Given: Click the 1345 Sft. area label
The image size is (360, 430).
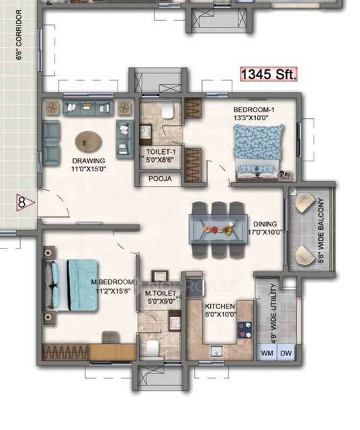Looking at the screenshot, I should point(269,75).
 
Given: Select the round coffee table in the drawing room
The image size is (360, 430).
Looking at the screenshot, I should point(89,142).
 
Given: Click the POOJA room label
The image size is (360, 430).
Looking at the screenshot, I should point(160,179).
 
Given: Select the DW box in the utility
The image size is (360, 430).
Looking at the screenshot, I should point(286,353).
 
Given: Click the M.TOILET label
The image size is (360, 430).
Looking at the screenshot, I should point(160,298).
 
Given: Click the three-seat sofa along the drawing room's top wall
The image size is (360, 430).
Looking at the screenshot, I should point(87,107).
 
